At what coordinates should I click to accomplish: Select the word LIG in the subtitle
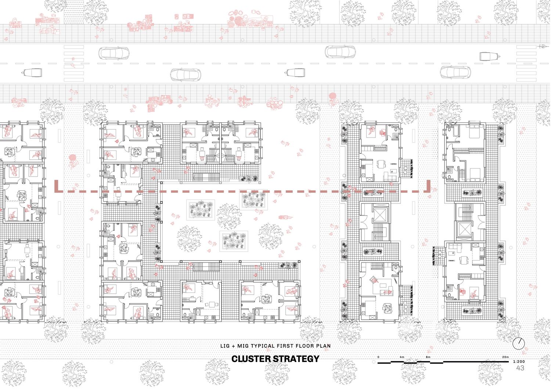[x=225, y=346]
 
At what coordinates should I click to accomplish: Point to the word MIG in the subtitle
[x=242, y=346]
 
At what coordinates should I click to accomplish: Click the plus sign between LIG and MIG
[x=233, y=346]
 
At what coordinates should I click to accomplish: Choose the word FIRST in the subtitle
[x=285, y=346]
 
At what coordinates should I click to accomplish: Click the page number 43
[x=520, y=368]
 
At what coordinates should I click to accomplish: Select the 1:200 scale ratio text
[x=519, y=362]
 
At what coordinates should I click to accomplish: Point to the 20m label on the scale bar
[x=505, y=357]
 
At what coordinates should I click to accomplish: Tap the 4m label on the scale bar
[x=402, y=357]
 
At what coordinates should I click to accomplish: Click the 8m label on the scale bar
[x=428, y=357]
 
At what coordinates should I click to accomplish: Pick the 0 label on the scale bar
[x=378, y=357]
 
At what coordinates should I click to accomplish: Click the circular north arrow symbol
[x=519, y=343]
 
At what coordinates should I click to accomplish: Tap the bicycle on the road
[x=544, y=46]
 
